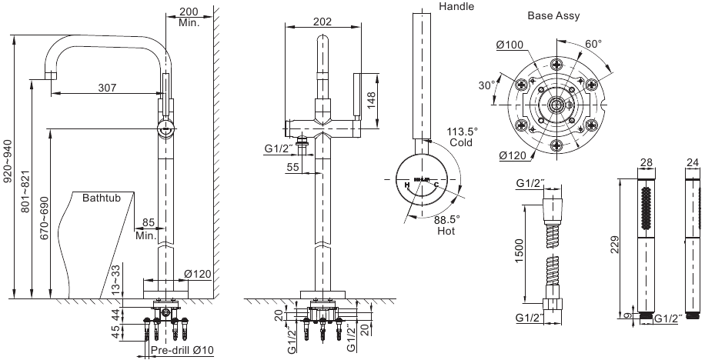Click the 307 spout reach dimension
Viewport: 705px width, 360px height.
coord(108,88)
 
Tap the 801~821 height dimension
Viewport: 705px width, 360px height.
coord(25,188)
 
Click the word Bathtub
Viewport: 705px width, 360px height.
coord(102,198)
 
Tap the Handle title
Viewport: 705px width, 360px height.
coord(456,7)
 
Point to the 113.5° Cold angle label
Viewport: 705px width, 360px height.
coord(463,136)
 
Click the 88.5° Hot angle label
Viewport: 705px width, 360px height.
coord(447,224)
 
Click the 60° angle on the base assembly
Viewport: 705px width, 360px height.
coord(593,44)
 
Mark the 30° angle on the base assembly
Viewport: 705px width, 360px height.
coord(486,85)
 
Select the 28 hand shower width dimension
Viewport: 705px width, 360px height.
coord(646,162)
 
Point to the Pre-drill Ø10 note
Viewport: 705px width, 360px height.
coord(182,351)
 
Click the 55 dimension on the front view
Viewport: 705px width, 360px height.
coord(292,167)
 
